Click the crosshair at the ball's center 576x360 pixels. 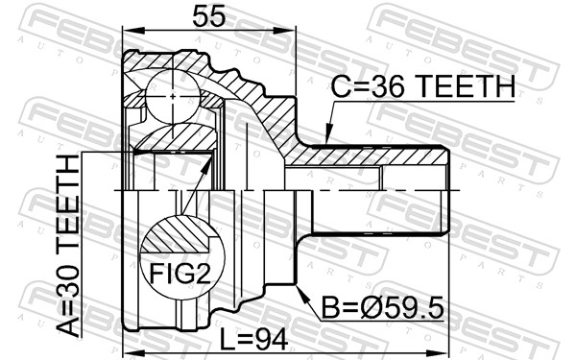[172, 96]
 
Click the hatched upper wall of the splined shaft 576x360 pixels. [365, 156]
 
